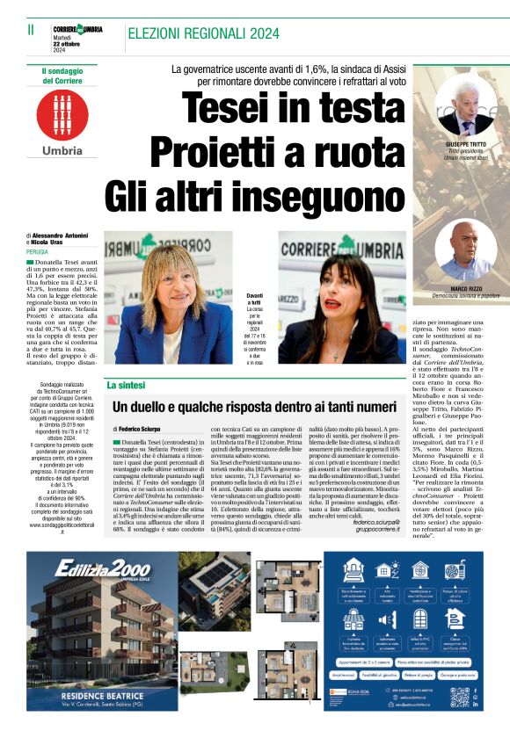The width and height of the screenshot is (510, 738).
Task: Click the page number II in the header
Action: coord(31,29)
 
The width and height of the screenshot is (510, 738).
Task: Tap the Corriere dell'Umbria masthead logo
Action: coord(77,29)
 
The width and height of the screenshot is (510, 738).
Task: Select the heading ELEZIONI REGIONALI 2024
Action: coord(198,33)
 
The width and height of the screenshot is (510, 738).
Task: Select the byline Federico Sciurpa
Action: coord(141,429)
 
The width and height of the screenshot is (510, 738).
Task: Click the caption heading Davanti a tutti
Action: coord(254,299)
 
